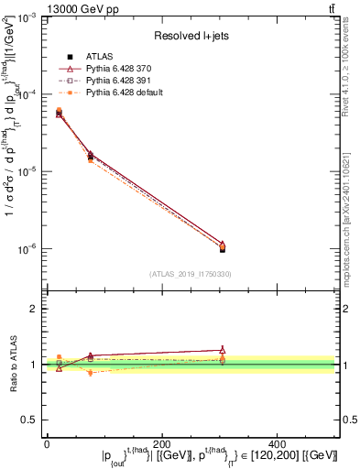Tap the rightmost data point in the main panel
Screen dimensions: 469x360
tap(223, 247)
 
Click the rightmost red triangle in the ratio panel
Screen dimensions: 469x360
tap(223, 349)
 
